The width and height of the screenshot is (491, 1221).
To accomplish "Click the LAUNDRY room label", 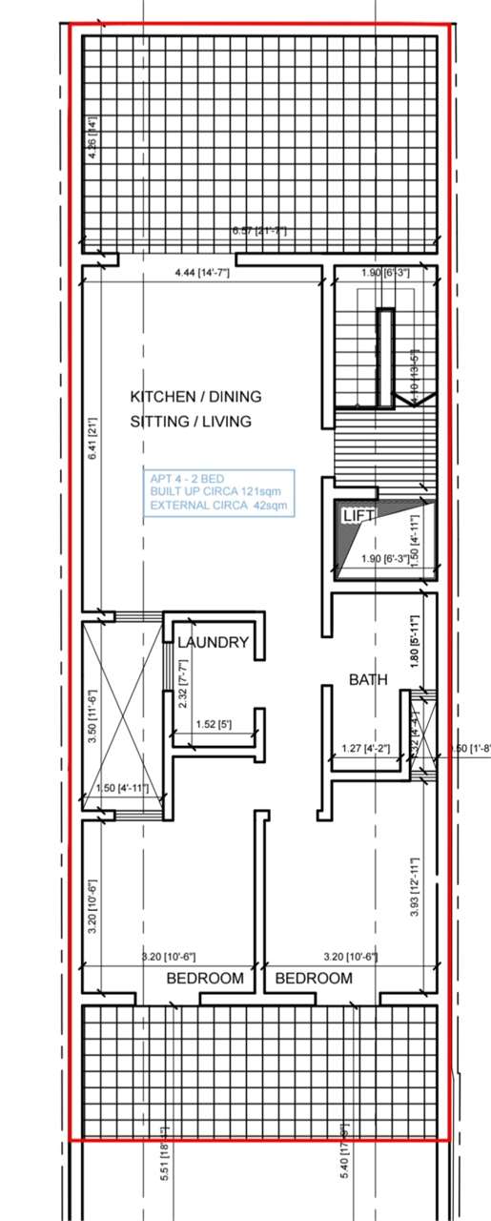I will tap(214, 643).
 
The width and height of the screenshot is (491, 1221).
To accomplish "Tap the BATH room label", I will tap(367, 680).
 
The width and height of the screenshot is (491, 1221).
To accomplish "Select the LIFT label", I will tap(359, 515).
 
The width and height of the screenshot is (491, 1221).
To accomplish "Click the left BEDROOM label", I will tap(205, 979).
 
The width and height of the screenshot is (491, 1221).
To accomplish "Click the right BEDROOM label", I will tap(314, 979).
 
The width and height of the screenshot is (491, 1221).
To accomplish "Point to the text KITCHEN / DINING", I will tap(195, 396).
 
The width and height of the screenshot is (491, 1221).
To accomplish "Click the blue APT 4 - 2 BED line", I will tap(189, 479).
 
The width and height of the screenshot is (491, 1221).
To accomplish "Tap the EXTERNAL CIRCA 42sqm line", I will tap(217, 506).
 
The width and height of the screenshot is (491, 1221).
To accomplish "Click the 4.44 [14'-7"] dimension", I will tap(202, 274).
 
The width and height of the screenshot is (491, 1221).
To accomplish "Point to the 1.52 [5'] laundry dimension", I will tap(205, 725).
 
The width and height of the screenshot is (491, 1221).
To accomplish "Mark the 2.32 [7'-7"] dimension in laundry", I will tap(183, 683).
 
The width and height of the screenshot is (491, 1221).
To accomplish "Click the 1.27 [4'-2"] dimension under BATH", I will tap(366, 749).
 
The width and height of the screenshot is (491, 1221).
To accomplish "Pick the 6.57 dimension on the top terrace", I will tap(259, 231).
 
